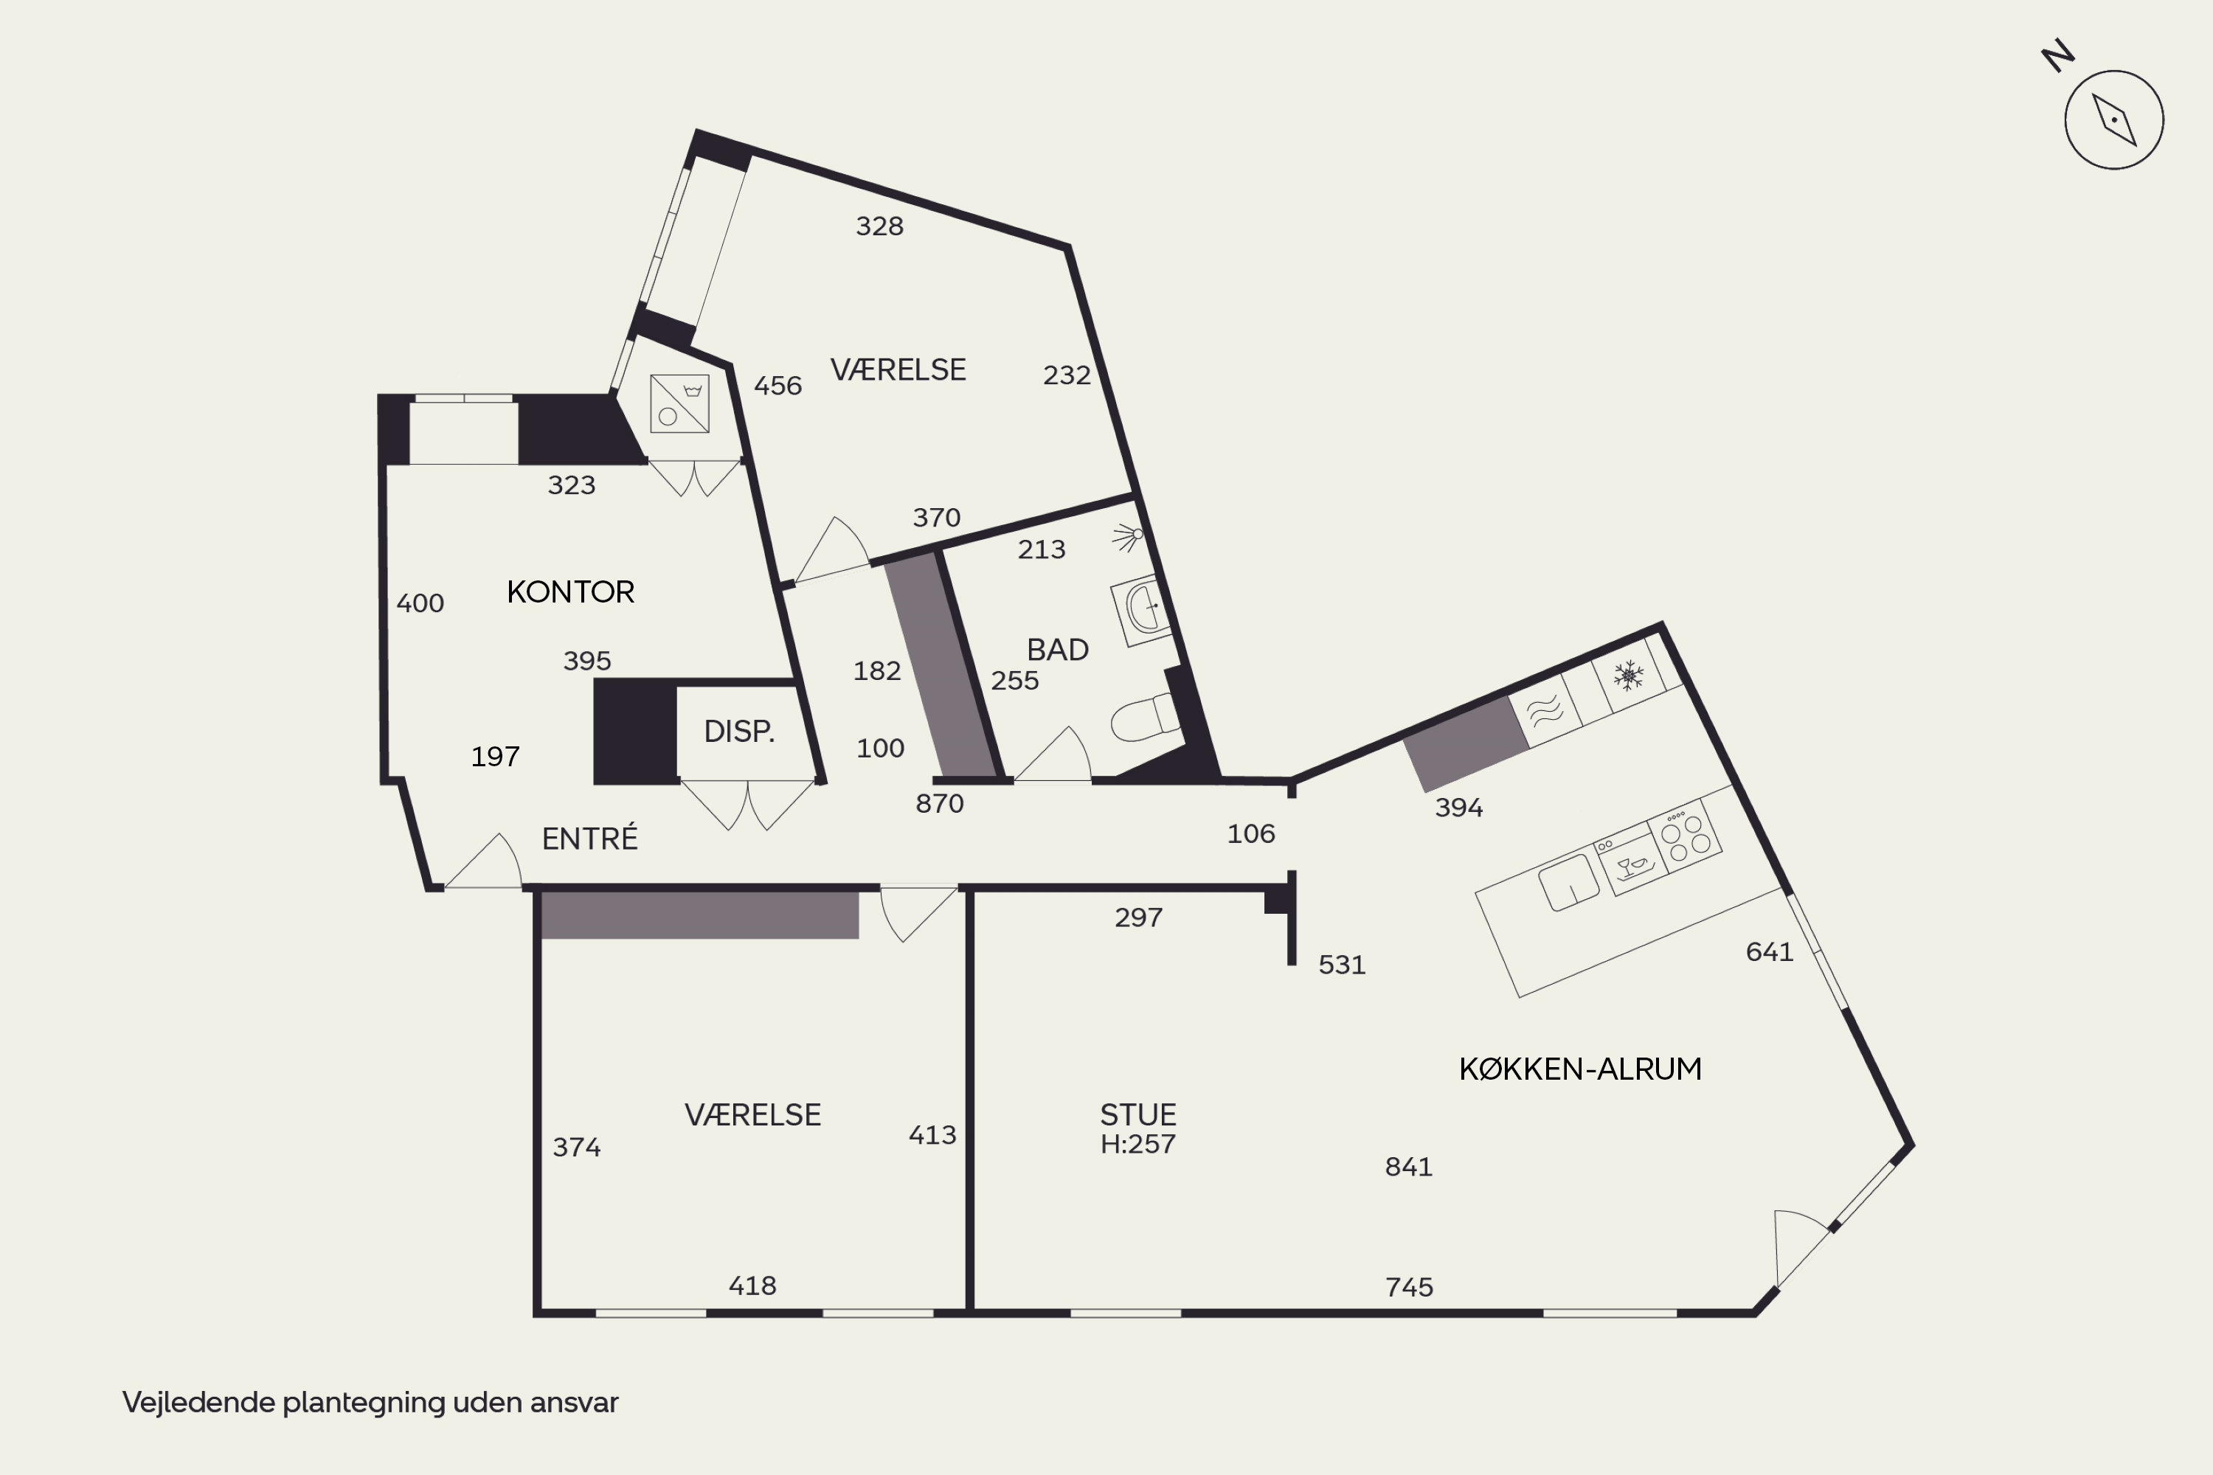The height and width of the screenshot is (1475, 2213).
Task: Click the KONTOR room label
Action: point(570,591)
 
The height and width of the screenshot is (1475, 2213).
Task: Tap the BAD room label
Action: point(1058,649)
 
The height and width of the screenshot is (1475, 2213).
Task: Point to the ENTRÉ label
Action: point(590,837)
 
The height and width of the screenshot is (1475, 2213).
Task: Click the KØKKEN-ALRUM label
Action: point(1581,1069)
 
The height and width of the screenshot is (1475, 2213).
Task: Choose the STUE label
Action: point(1138,1114)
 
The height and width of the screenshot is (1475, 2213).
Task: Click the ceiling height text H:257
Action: point(1138,1144)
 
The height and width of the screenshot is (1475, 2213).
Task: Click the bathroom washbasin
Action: point(1141,610)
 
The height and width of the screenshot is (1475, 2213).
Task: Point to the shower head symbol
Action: point(1128,537)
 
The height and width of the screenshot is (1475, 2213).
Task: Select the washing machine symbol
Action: point(679,403)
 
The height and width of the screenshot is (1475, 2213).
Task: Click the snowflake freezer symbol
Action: point(1628,675)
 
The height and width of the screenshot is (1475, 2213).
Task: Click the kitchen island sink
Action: point(1568,882)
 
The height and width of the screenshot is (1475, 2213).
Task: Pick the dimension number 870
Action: point(940,803)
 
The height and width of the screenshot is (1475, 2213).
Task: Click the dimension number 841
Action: point(1408,1167)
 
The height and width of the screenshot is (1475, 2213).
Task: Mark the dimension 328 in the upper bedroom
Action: point(880,226)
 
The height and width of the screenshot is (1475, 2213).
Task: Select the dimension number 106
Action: point(1251,833)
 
